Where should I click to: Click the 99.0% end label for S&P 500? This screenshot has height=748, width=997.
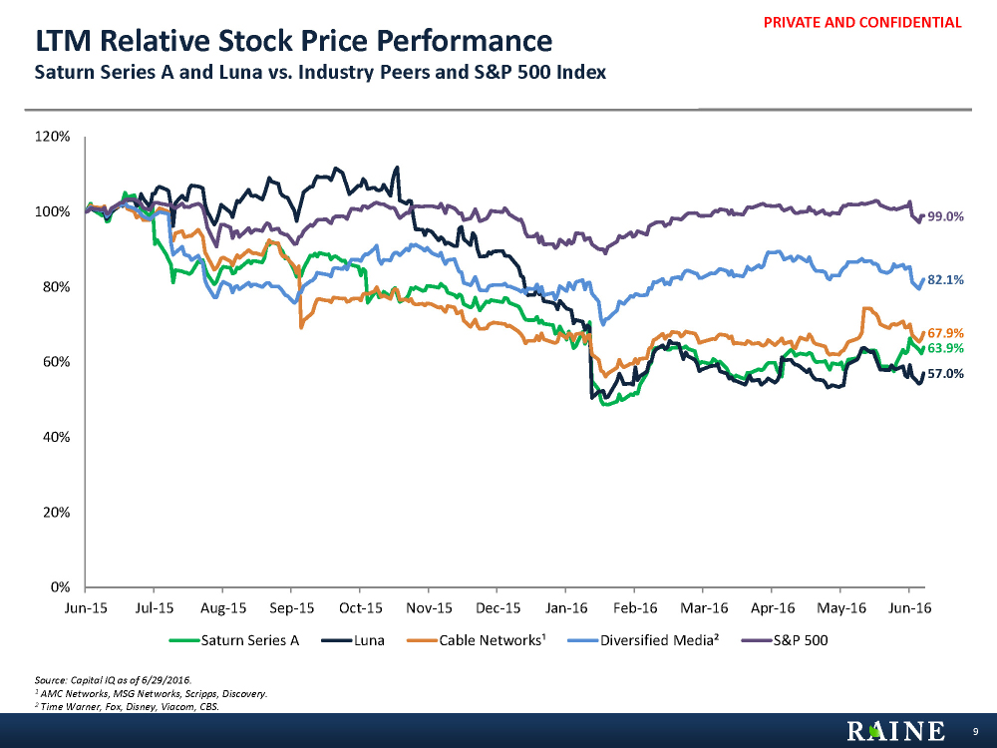tap(945, 216)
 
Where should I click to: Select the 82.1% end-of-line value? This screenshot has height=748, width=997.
tap(945, 280)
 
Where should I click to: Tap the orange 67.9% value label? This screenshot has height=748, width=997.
tap(945, 332)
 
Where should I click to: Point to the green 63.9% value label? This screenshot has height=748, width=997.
tap(945, 348)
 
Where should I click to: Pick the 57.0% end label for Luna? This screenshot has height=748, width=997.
tap(945, 374)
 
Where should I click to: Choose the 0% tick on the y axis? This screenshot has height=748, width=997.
tap(60, 586)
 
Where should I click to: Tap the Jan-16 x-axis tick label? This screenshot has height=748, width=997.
tap(566, 606)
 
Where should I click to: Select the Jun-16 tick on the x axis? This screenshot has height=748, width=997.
tap(909, 606)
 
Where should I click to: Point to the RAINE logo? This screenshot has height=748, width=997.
tap(896, 732)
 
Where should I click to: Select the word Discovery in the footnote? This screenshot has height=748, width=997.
tap(245, 693)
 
